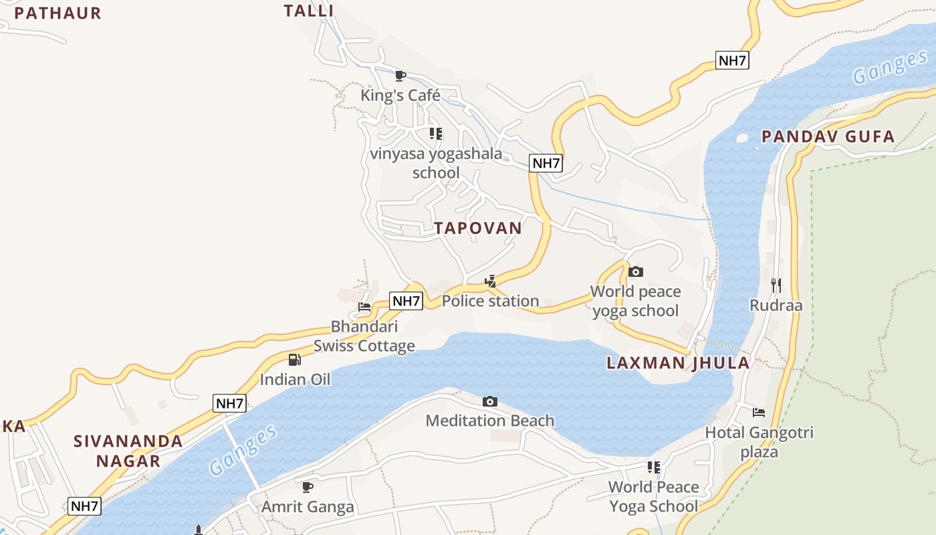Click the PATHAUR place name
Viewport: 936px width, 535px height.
pos(57,13)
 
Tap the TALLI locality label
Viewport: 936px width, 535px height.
pos(308,11)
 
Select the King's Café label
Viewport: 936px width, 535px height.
pos(400,96)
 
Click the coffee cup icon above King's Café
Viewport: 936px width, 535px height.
pos(400,76)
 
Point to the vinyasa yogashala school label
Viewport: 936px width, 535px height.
pos(436,163)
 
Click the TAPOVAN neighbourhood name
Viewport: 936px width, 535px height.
pos(477,228)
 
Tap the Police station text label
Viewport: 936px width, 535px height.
pos(490,301)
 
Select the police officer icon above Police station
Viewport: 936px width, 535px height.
pos(490,281)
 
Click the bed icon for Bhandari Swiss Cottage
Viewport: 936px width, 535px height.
pos(364,307)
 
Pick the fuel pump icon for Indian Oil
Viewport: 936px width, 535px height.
pos(295,360)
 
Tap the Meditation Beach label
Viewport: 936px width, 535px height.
pos(490,421)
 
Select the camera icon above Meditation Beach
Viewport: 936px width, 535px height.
pos(490,401)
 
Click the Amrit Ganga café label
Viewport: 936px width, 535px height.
pos(308,506)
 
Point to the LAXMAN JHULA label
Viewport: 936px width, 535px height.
pos(678,363)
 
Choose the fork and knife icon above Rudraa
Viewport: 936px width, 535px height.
pos(776,286)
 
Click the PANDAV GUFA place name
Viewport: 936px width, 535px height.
pos(828,137)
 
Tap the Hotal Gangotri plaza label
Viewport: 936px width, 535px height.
pos(759,442)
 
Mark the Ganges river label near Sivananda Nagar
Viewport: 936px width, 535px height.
pos(242,449)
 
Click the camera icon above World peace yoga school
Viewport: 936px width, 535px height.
pos(636,272)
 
